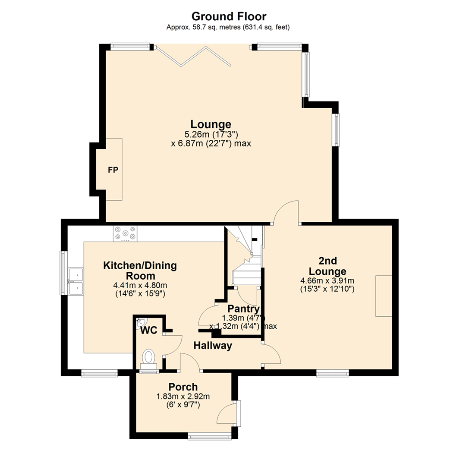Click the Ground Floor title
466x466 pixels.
click(229, 16)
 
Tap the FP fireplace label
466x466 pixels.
click(113, 170)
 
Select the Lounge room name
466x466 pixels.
click(211, 125)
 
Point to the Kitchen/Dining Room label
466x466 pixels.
click(140, 271)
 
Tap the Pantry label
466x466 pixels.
click(243, 309)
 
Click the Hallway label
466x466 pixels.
click(213, 346)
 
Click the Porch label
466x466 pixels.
click(183, 387)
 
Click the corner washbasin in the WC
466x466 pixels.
click(141, 322)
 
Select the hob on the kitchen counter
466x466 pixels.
click(126, 233)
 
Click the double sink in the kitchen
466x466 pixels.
click(76, 281)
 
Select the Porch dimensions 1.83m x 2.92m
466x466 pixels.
click(183, 397)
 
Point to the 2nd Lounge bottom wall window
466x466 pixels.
click(332, 373)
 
